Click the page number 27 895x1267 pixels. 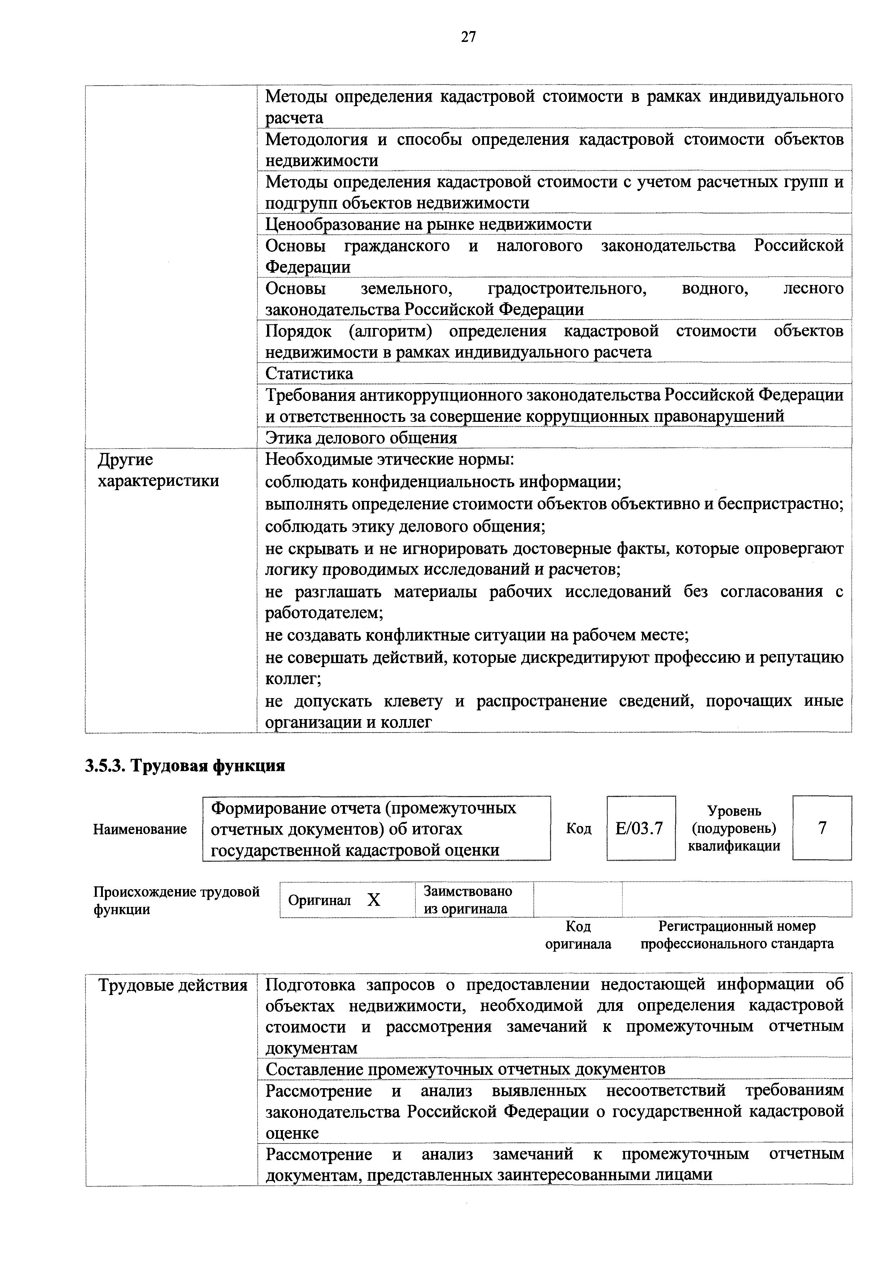[x=468, y=37]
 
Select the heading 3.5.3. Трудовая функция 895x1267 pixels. [x=185, y=766]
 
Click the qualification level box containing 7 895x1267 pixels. [x=822, y=828]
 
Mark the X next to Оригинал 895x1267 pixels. [x=374, y=900]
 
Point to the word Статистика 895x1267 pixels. [x=309, y=373]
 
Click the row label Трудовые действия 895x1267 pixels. [x=173, y=985]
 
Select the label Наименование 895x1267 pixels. [x=140, y=829]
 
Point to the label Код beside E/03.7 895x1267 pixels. [x=579, y=828]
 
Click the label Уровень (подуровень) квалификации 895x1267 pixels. [x=734, y=828]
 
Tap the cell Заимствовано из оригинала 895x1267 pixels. [x=468, y=900]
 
